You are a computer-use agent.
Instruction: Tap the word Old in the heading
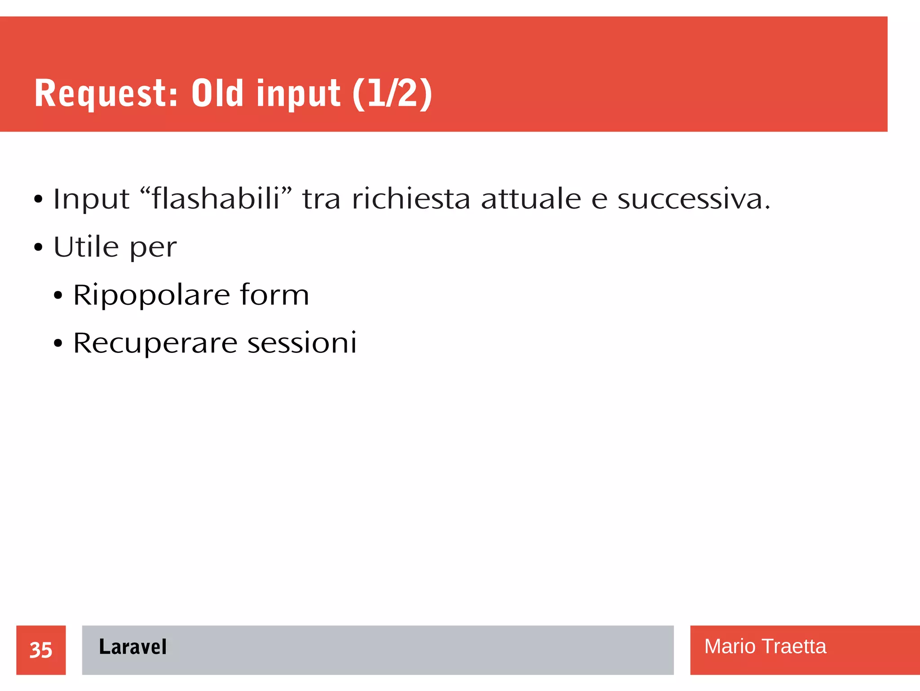217,94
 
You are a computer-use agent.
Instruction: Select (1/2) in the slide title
392,94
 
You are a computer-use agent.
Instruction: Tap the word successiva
693,199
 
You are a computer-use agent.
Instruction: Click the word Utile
86,247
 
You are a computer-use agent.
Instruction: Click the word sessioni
302,343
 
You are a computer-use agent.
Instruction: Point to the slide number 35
41,650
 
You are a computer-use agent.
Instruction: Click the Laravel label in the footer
133,647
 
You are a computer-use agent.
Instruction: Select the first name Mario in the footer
730,646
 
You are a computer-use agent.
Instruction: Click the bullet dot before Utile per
38,247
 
